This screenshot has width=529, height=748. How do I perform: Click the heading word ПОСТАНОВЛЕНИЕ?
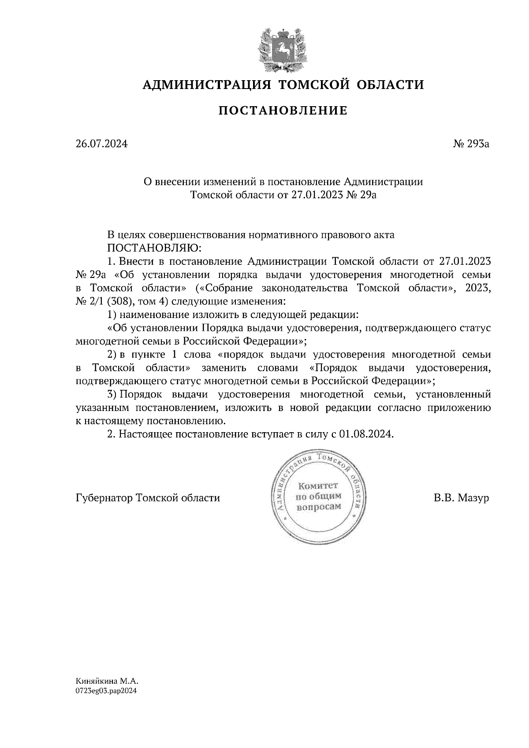point(283,111)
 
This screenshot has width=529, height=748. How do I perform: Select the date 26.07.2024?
point(101,144)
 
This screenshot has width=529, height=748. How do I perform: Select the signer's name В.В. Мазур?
point(461,498)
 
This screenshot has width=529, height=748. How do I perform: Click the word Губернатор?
point(104,498)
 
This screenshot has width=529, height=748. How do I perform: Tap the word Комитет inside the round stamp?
point(318,486)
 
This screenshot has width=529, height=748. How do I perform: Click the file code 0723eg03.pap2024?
point(106,691)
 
